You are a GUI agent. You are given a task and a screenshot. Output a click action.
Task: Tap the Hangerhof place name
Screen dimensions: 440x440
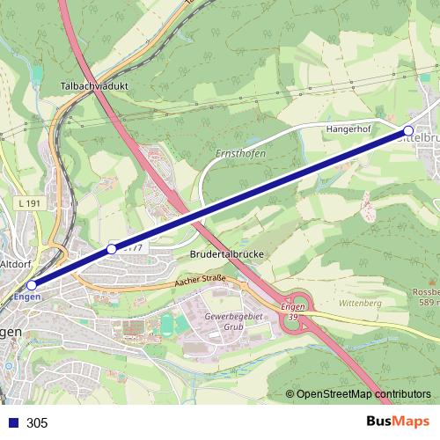(349, 128)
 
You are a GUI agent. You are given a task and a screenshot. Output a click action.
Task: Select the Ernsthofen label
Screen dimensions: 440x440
(240, 155)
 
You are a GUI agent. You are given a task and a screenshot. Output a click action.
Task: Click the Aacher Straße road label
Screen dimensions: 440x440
(200, 279)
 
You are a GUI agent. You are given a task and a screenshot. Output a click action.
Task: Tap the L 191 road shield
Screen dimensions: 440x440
(29, 204)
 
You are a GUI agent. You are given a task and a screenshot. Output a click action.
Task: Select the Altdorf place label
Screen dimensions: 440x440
(17, 263)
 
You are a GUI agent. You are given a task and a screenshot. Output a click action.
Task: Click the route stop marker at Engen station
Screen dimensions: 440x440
(32, 285)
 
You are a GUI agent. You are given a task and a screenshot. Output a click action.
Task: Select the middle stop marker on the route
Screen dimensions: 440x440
(112, 249)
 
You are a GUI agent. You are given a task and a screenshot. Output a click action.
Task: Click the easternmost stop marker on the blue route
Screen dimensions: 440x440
(407, 129)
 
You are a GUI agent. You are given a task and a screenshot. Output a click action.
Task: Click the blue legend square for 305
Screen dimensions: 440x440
(12, 422)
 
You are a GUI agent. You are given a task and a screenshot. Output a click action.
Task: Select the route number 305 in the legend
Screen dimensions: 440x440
(37, 422)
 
